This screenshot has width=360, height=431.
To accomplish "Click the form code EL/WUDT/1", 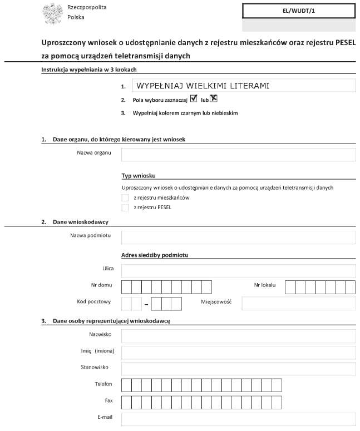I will click(299, 11).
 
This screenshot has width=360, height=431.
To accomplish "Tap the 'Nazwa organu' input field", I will click(238, 154).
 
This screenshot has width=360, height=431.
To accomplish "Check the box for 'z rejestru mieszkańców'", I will click(125, 197).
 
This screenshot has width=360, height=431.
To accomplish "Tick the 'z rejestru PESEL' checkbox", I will click(125, 207).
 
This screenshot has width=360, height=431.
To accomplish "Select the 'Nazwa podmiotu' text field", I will click(238, 237).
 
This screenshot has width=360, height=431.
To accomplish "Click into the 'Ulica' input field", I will click(238, 271).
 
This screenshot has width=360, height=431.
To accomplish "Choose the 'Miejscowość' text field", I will click(298, 304).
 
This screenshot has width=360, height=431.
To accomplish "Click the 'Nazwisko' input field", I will click(238, 336).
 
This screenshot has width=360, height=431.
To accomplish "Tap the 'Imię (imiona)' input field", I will click(238, 353).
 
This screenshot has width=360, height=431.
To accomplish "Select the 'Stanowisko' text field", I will click(238, 369).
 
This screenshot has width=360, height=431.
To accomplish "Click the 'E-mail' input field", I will click(238, 419).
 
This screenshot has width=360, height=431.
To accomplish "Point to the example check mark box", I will click(194, 99).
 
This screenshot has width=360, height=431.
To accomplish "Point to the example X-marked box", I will click(213, 98).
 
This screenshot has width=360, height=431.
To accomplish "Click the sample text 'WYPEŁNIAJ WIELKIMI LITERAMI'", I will click(203, 86).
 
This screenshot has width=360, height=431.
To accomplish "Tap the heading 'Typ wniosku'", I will click(139, 176).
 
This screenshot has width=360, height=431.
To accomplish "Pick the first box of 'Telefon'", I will click(126, 385).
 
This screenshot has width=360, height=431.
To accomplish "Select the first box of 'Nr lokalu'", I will click(289, 287).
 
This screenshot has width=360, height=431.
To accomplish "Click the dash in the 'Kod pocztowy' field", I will click(146, 305).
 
